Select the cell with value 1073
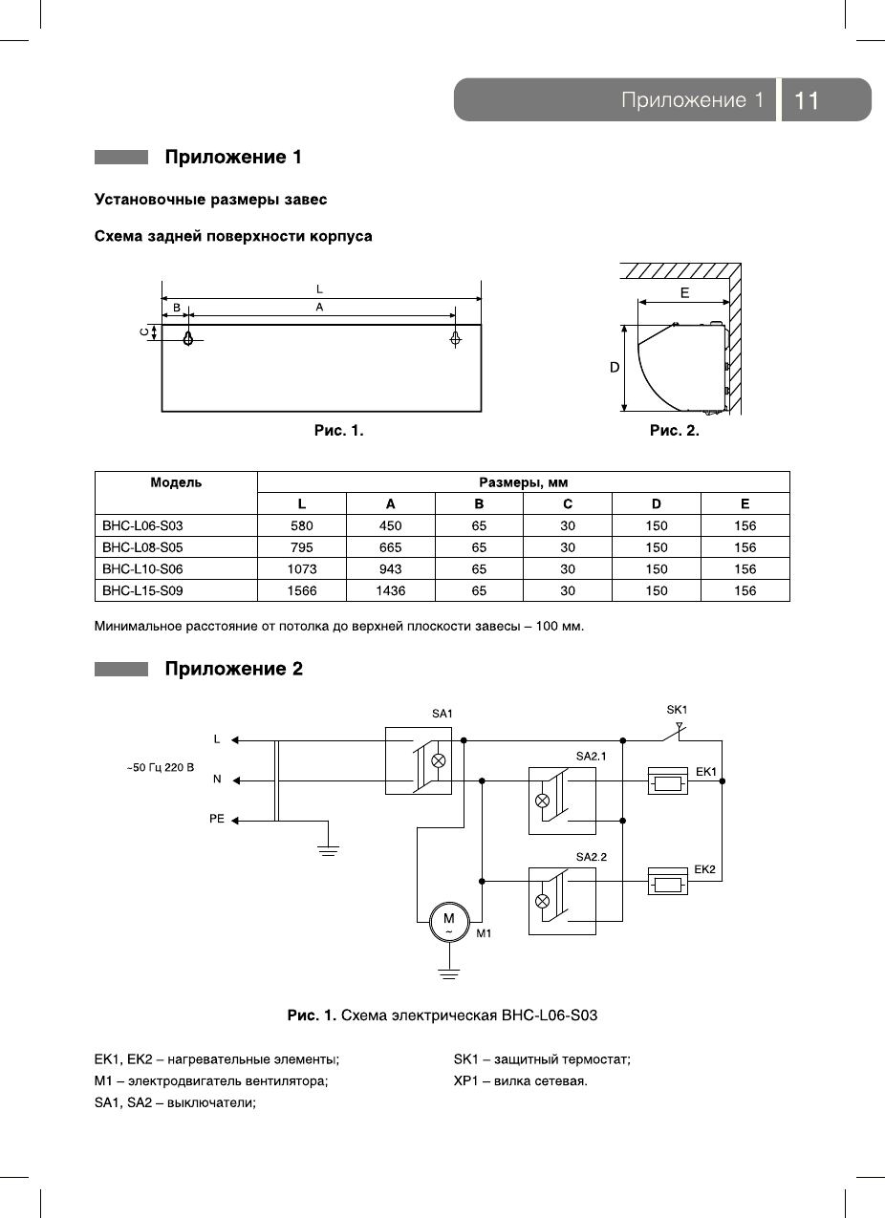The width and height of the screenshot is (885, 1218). coord(302,569)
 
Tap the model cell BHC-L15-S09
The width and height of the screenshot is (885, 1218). coord(142,591)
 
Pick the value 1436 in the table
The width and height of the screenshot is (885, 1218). coord(390,591)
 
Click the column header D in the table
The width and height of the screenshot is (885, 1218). coord(657,504)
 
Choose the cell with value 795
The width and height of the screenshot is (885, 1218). coord(302,547)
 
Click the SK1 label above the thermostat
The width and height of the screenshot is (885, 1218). coord(677,709)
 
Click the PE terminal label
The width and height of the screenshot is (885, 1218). coord(217,820)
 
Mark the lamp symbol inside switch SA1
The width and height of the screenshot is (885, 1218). coord(439,761)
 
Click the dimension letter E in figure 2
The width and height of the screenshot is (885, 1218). coord(685,293)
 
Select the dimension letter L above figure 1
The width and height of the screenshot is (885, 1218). coord(319,288)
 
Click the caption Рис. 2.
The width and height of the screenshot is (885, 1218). coord(675,431)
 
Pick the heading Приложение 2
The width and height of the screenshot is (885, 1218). coord(234,669)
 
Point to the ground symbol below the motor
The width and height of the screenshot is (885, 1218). coord(448,974)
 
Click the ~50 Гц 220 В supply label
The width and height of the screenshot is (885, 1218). coord(161,767)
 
